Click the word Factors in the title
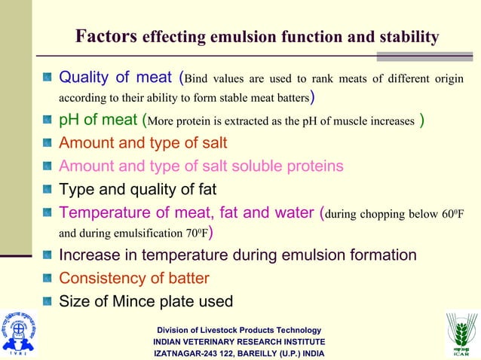pos(106,35)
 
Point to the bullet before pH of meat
pos(47,121)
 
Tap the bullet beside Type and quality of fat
pos(47,190)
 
